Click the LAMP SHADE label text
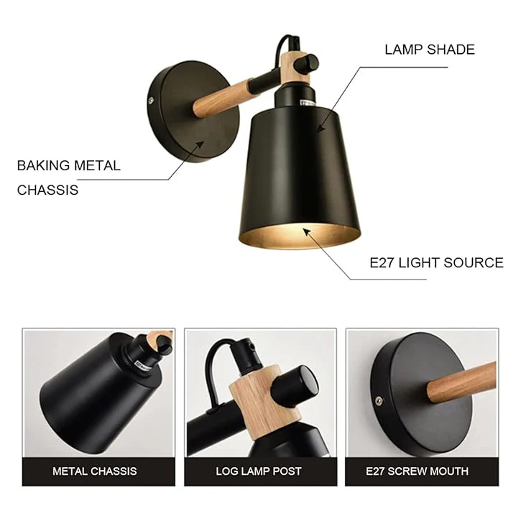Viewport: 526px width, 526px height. point(430,50)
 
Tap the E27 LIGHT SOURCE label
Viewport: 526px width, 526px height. point(436,263)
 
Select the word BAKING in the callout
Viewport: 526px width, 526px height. point(44,166)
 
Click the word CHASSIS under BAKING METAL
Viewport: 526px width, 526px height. point(47,190)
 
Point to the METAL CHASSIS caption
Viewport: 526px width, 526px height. point(95,471)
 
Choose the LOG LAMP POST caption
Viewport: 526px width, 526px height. point(259,471)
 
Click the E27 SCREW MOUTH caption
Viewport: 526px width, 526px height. point(417,471)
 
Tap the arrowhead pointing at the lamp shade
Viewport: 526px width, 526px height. point(320,129)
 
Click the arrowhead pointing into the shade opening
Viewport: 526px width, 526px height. point(307,232)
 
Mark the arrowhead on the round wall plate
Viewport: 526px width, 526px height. point(200,144)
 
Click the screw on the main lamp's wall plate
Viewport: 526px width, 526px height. point(152,99)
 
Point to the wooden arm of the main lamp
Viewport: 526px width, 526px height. point(221,96)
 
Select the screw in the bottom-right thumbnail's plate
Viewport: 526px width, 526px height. point(379,400)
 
